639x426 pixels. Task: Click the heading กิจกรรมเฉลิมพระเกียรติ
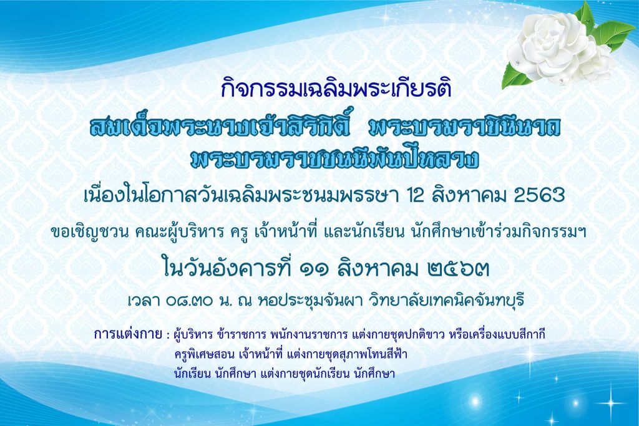pyautogui.click(x=336, y=89)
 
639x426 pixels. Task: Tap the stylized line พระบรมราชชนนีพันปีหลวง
pyautogui.click(x=334, y=159)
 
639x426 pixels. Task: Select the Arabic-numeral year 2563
pyautogui.click(x=539, y=196)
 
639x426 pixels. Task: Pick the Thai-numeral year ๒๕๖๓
pyautogui.click(x=459, y=269)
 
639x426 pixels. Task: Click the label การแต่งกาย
pyautogui.click(x=127, y=335)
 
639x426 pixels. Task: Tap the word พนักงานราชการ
pyautogui.click(x=308, y=335)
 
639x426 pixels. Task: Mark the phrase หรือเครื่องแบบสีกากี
pyautogui.click(x=497, y=335)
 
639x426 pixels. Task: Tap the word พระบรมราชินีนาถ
pyautogui.click(x=464, y=128)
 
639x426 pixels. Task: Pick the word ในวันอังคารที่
pyautogui.click(x=227, y=268)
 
